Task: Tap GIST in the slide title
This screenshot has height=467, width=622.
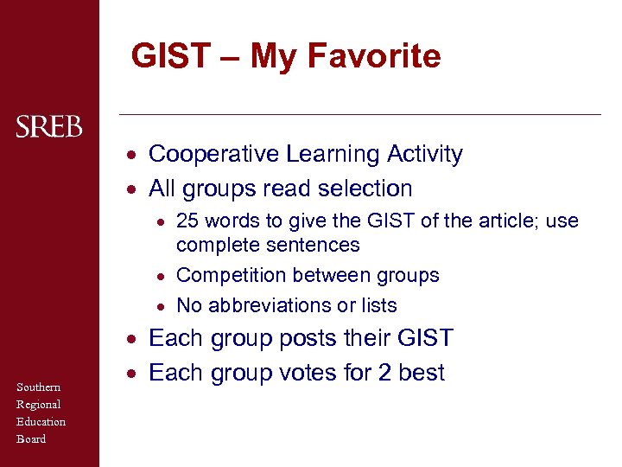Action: coord(170,56)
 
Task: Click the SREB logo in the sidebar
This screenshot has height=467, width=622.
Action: coord(49,128)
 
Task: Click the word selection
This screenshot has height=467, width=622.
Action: coord(365,189)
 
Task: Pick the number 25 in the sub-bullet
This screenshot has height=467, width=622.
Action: coord(187,221)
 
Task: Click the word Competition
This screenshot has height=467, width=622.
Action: coord(230,276)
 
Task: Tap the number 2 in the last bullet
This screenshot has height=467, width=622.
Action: coord(389,373)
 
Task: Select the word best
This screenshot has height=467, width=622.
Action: coord(423,373)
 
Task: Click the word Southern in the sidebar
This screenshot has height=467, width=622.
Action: coord(38,387)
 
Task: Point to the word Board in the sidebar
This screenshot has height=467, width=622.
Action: coord(31,438)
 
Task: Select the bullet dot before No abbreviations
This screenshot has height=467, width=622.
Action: coord(162,306)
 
